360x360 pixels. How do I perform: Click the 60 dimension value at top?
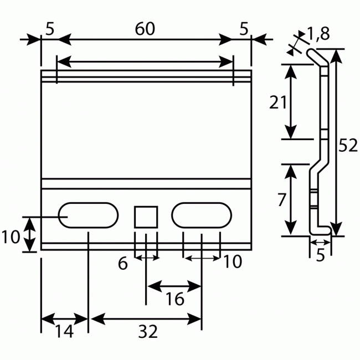click(x=145, y=30)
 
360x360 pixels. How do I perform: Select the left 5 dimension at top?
click(x=50, y=30)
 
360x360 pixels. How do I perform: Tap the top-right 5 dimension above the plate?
click(x=244, y=30)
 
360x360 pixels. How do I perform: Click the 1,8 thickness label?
click(x=318, y=34)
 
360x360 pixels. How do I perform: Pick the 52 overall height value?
click(x=348, y=145)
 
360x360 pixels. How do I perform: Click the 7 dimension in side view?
click(x=281, y=199)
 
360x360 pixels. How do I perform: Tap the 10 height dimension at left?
click(x=11, y=237)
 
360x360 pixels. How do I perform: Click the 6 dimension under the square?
click(x=123, y=263)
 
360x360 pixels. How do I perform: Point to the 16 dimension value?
click(x=175, y=300)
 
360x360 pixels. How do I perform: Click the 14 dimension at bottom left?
click(x=64, y=331)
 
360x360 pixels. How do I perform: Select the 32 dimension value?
click(x=147, y=331)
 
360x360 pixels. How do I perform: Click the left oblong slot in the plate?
click(x=89, y=214)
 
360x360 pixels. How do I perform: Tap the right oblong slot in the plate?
click(x=201, y=214)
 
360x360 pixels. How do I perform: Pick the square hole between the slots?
click(x=146, y=216)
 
